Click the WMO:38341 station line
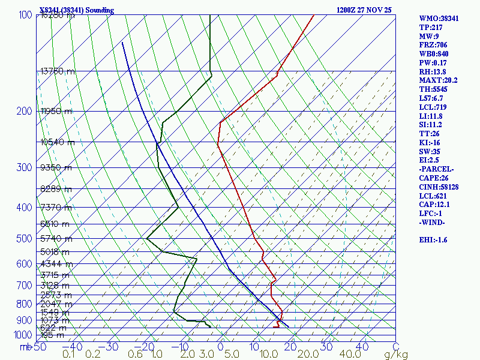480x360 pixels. (439, 19)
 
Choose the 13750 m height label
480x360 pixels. (58, 71)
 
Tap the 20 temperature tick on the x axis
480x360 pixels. (291, 347)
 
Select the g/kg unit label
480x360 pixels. (396, 354)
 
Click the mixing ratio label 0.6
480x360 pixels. (136, 354)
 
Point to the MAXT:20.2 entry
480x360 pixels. (438, 80)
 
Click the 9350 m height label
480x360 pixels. (55, 167)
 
